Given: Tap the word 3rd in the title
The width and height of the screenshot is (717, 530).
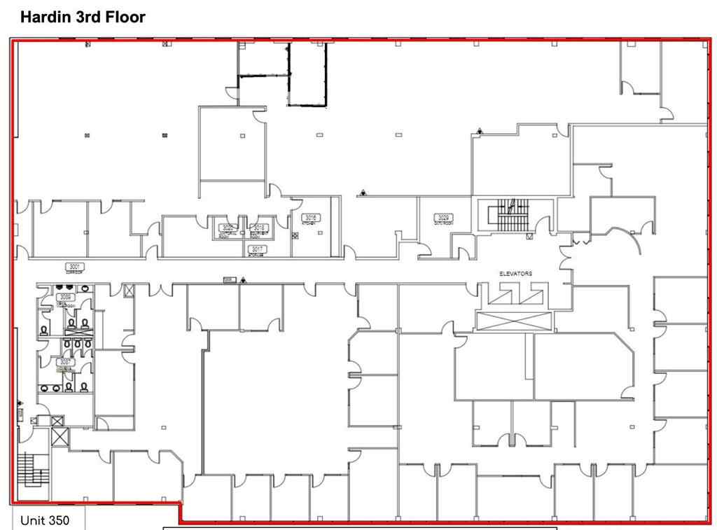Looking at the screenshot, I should [90, 18].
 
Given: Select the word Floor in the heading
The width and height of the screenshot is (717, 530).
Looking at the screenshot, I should [127, 18].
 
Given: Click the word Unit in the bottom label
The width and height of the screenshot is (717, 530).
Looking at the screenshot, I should [32, 521].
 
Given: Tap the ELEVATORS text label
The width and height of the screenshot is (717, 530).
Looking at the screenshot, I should [515, 274].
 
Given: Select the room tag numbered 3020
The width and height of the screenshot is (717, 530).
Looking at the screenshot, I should [228, 228].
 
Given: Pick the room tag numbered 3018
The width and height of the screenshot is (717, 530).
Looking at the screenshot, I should [259, 228].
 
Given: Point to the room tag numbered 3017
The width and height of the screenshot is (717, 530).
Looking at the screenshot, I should [258, 249].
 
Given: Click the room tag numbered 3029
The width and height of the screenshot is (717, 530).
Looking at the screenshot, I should [443, 218].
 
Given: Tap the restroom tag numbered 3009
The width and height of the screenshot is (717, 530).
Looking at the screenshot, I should [67, 297].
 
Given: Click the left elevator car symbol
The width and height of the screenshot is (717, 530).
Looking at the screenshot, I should [502, 295].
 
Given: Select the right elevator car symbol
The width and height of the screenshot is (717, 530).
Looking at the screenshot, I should [534, 295].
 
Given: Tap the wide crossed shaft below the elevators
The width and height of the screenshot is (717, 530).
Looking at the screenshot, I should [514, 321].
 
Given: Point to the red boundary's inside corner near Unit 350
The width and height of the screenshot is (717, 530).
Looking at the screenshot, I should [181, 504].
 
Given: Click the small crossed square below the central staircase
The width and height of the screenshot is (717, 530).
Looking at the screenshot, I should [529, 237].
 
